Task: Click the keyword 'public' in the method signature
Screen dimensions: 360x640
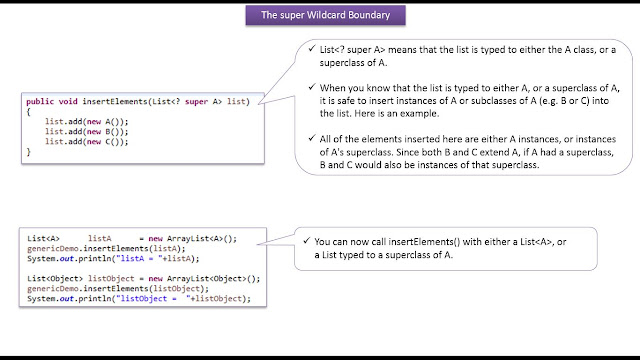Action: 42,102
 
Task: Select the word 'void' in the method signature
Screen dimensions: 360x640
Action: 73,102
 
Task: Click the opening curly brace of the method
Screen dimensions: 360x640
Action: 30,111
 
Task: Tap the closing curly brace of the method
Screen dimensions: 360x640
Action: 30,151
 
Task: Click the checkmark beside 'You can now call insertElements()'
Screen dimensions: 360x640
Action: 306,241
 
